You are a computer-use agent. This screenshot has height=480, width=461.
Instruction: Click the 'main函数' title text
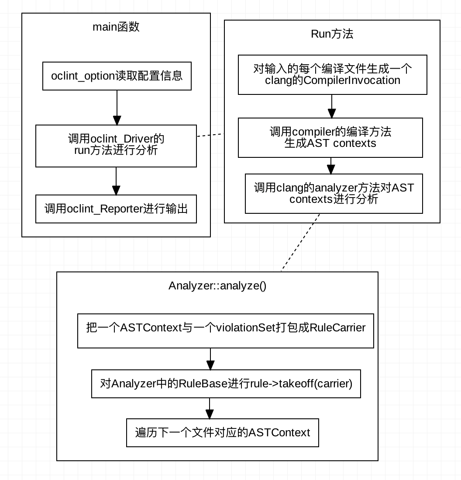[x=116, y=27]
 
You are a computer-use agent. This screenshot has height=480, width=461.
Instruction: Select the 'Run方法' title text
[x=332, y=34]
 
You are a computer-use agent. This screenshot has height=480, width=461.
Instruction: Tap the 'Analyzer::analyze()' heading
[x=217, y=286]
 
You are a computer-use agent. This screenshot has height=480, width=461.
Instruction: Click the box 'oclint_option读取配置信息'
[x=117, y=76]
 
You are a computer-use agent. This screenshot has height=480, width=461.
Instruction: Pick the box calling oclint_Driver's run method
[x=116, y=146]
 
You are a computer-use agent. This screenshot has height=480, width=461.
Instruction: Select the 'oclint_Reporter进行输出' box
[x=116, y=209]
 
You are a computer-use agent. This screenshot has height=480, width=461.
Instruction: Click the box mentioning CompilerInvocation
[x=332, y=74]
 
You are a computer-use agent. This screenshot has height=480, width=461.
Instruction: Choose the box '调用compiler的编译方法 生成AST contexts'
[x=330, y=137]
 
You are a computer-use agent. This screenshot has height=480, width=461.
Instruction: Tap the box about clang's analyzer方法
[x=334, y=193]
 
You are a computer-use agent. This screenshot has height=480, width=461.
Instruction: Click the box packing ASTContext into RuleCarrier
[x=225, y=330]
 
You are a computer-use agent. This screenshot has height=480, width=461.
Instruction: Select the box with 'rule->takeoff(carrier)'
[x=226, y=384]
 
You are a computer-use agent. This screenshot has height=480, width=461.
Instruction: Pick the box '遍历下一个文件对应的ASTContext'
[x=222, y=433]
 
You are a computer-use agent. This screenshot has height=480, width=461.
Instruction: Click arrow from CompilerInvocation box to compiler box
[x=332, y=106]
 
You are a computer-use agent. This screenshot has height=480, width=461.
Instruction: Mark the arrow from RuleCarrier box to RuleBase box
[x=210, y=359]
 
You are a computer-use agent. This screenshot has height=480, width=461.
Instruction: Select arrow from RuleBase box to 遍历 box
[x=210, y=408]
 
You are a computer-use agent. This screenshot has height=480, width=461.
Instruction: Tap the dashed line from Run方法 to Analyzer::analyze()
[x=300, y=243]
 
